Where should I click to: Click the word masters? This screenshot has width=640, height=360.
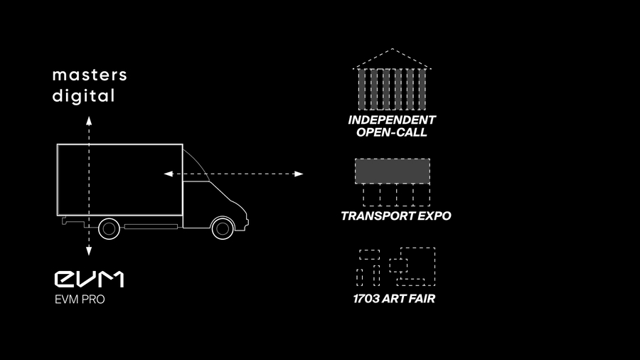(90, 75)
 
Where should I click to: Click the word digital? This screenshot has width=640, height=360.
(83, 96)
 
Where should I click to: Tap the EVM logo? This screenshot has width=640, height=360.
(89, 279)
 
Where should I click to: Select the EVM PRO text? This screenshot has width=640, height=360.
(80, 300)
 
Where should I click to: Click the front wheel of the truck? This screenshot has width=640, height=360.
(223, 228)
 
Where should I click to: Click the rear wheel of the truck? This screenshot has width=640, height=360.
(109, 228)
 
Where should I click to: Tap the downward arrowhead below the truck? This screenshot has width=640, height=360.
(89, 251)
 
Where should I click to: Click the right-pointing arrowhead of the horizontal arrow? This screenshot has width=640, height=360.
(299, 174)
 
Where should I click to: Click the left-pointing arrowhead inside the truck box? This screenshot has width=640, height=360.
(168, 174)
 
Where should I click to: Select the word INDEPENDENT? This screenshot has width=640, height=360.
(392, 120)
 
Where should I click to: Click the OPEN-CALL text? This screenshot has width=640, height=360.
(393, 132)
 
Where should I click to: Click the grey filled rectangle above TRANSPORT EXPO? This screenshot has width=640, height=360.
(393, 171)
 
